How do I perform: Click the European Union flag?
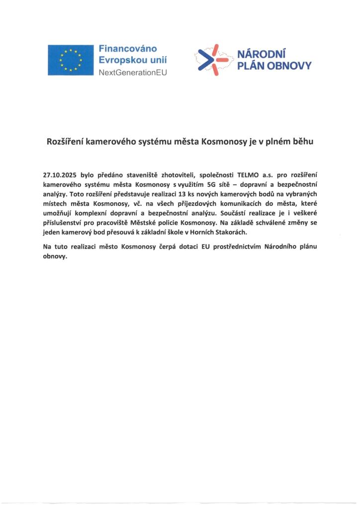click(71, 60)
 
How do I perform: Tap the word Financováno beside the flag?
click(128, 49)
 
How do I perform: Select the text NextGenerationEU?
click(133, 72)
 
